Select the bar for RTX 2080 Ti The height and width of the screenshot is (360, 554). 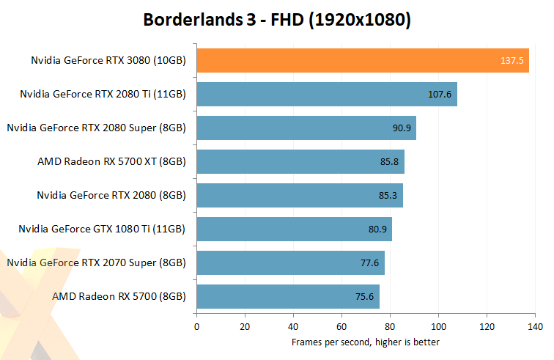tap(326, 94)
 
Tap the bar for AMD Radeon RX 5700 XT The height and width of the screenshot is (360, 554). tap(300, 161)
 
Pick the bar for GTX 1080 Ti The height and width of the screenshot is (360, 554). tap(294, 229)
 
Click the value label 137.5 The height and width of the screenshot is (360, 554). tap(511, 61)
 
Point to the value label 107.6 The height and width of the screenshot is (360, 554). tap(440, 95)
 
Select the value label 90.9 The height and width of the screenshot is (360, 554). tap(402, 128)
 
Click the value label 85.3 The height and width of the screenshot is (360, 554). tap(388, 196)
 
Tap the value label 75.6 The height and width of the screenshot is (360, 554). tap(364, 297)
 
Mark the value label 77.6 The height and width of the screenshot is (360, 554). tap(369, 263)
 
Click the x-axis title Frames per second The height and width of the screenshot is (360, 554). tap(365, 342)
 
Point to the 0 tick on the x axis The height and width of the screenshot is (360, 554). tap(196, 326)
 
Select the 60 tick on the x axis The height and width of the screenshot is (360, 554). tap(341, 326)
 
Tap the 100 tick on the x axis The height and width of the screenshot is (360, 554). tap(438, 326)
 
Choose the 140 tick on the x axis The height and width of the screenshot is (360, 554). tap(535, 326)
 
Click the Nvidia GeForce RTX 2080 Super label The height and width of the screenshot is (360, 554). tap(96, 128)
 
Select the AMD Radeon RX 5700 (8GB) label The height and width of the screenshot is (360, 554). tap(119, 296)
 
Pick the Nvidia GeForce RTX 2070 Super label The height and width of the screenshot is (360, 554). tap(96, 262)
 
